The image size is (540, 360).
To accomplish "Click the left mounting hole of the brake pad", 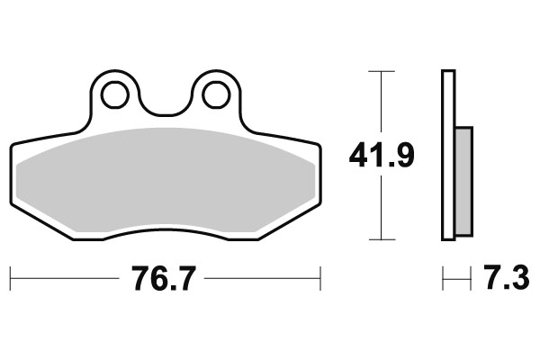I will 113,93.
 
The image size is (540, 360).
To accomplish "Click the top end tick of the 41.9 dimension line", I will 382,70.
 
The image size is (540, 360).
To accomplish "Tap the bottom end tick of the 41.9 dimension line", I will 382,240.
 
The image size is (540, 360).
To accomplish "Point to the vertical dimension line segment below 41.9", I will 382,207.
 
